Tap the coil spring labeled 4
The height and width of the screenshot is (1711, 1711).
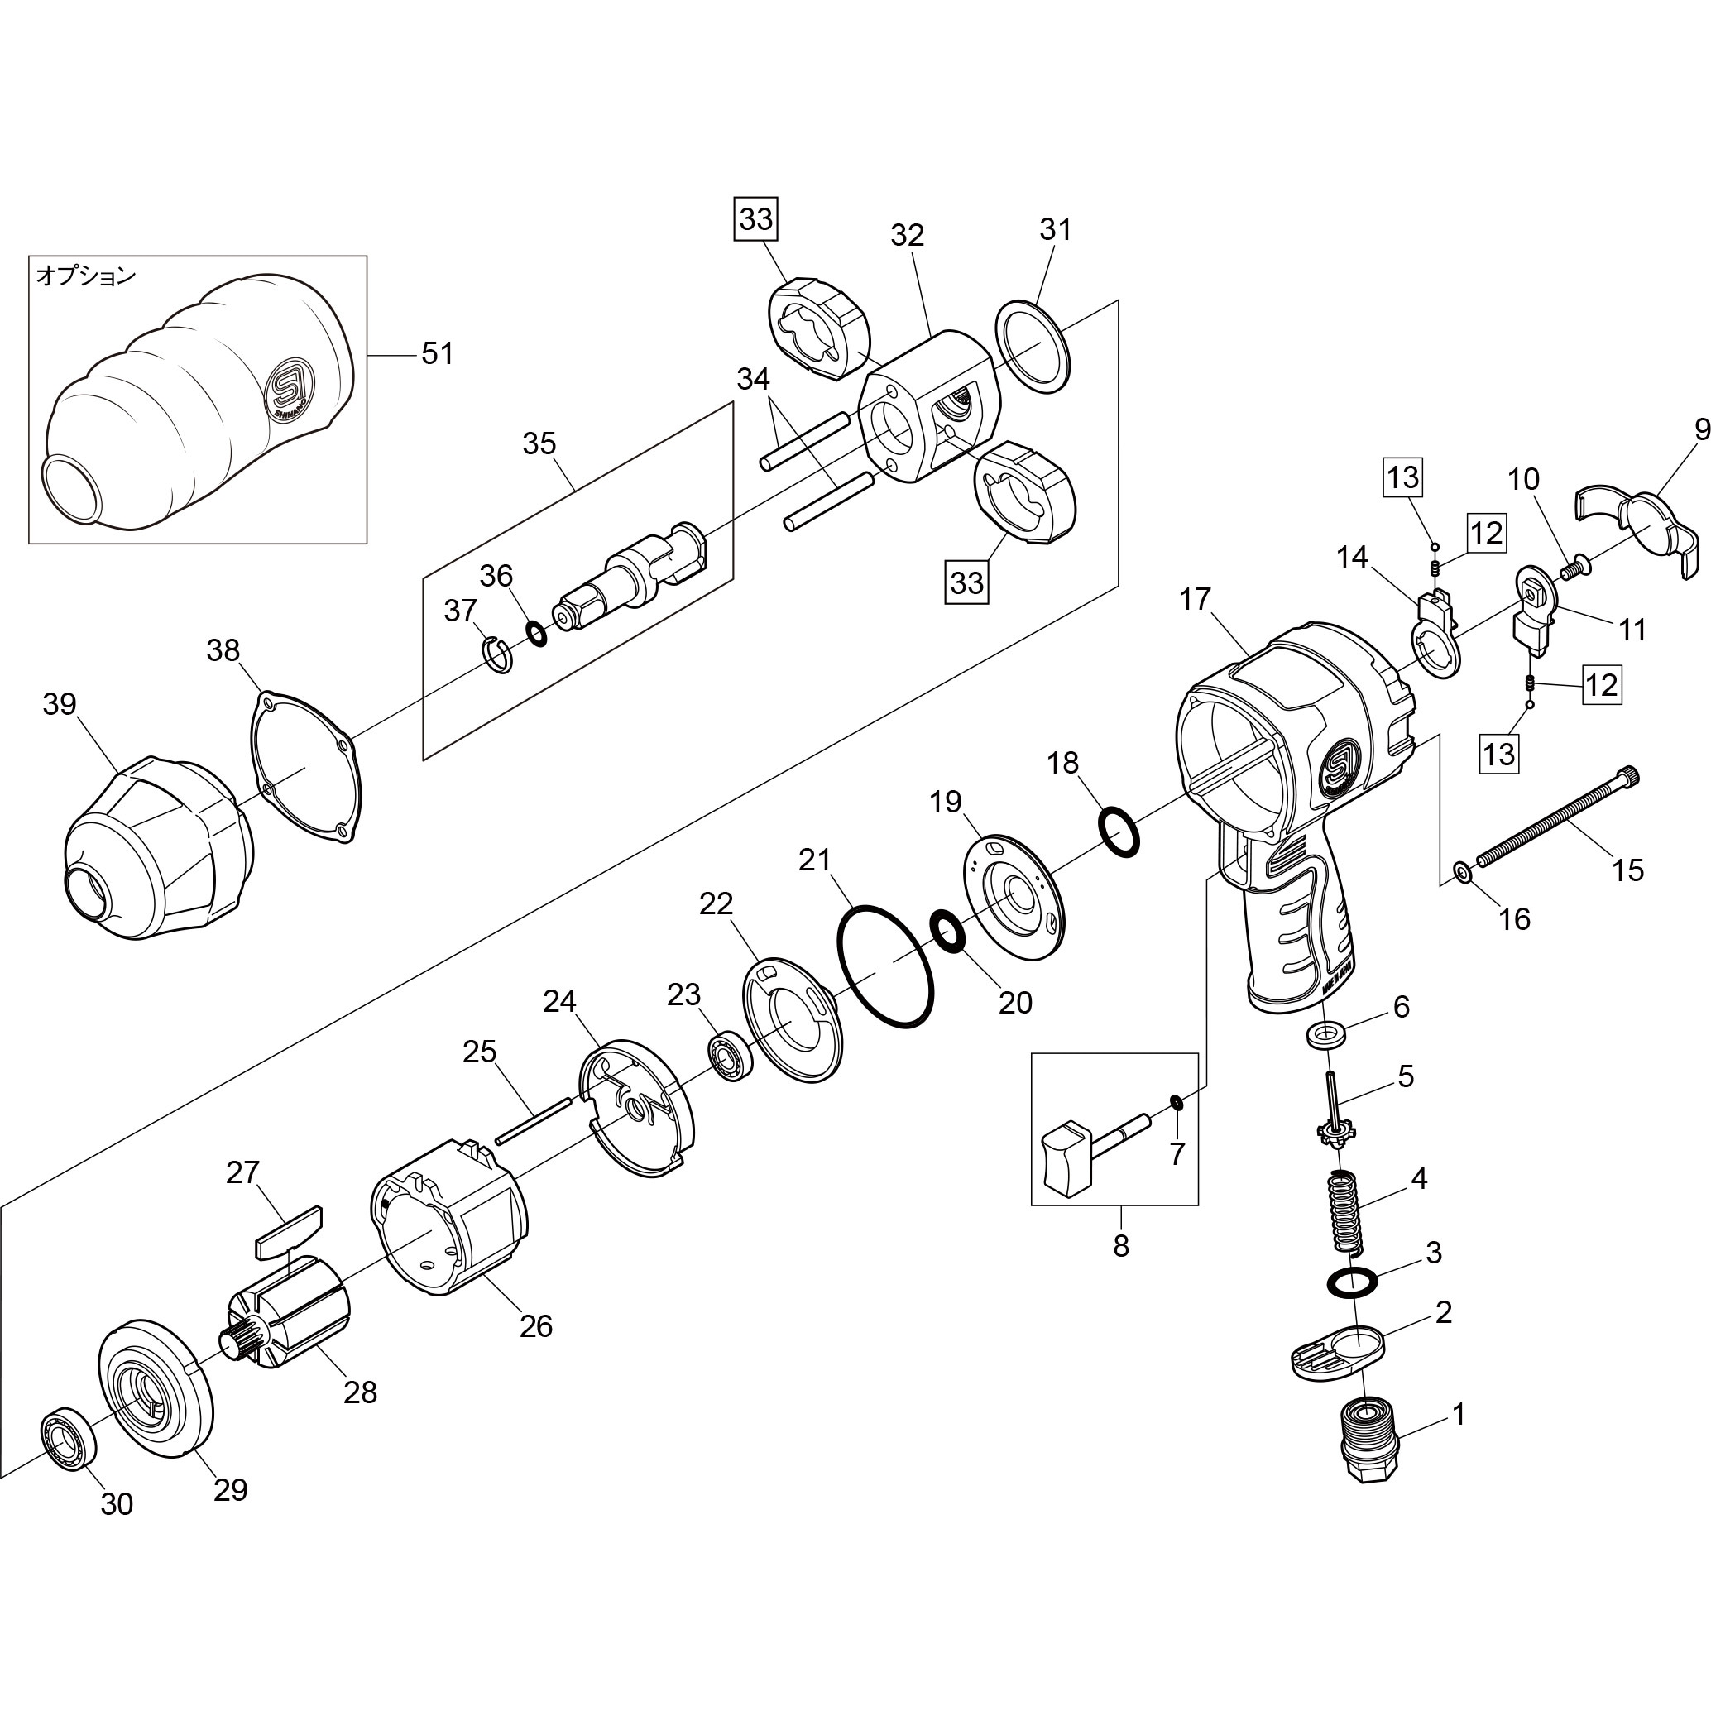click(x=1345, y=1210)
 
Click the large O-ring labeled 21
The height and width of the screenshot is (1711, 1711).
click(x=885, y=966)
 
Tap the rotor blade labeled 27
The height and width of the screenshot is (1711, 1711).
click(x=289, y=1232)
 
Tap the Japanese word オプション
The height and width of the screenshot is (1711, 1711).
click(x=86, y=276)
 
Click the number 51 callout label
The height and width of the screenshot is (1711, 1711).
click(x=437, y=353)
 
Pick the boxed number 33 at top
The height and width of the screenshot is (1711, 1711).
click(x=755, y=218)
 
